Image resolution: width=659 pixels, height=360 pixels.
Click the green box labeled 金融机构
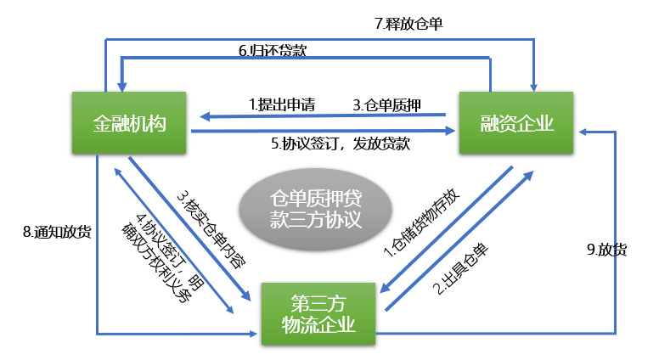[x=129, y=124]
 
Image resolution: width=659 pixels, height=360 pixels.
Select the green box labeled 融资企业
[x=518, y=124]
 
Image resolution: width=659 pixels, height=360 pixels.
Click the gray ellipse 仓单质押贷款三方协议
[x=315, y=210]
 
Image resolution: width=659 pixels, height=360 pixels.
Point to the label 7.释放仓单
[x=408, y=24]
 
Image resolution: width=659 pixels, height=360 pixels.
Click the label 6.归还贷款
[x=272, y=51]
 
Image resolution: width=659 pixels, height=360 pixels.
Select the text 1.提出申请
[x=282, y=105]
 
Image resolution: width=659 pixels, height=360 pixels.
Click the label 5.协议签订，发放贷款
[x=341, y=143]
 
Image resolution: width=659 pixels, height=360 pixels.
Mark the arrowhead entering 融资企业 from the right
[x=585, y=132]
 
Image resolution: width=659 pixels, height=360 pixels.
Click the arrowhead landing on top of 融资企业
[x=534, y=85]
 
